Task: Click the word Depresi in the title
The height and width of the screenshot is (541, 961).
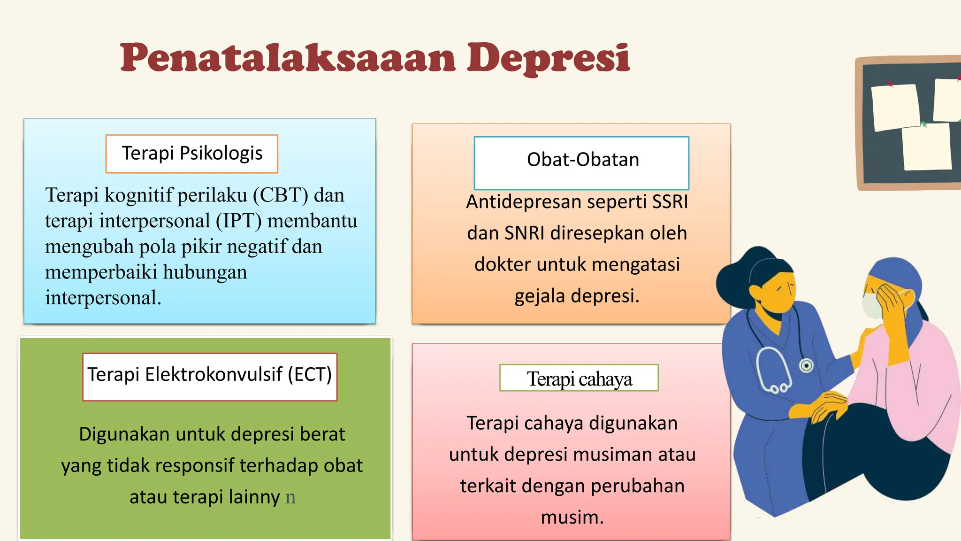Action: point(548,58)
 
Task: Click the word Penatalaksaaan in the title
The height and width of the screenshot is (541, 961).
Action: point(287,58)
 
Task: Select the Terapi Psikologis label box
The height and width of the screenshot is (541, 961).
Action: point(192,154)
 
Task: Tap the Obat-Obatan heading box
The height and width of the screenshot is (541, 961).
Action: point(582,162)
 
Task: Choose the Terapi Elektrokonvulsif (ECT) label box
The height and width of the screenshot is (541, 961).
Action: point(210,376)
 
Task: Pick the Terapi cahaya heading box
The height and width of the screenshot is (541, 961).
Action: point(579,378)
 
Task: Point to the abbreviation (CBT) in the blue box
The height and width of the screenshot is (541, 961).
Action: point(281,195)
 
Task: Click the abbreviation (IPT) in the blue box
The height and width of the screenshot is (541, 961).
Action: point(238,221)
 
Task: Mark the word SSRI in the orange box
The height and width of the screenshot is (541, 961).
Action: point(670,202)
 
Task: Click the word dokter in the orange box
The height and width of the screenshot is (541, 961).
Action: point(502,264)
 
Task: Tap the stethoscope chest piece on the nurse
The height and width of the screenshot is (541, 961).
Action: point(806,365)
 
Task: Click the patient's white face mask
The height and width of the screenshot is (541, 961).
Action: point(872,305)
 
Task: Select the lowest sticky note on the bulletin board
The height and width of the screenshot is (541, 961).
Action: point(927,147)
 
